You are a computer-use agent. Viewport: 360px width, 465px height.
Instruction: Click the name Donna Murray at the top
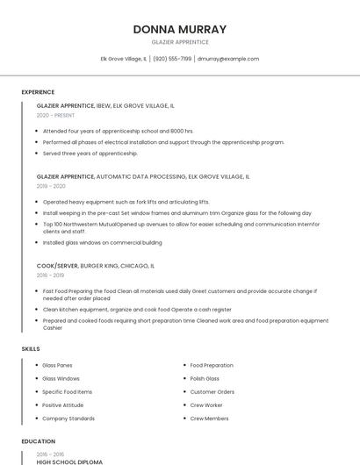click(x=180, y=29)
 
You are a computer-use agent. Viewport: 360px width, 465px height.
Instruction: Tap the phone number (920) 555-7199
click(x=172, y=59)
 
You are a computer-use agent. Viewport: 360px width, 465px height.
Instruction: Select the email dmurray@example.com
click(x=228, y=59)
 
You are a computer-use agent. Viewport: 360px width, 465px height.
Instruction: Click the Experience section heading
click(x=38, y=92)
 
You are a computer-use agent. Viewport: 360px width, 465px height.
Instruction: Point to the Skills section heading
click(x=31, y=349)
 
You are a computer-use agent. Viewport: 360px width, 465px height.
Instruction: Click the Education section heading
click(x=39, y=441)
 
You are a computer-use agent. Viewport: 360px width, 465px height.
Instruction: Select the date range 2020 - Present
click(x=55, y=115)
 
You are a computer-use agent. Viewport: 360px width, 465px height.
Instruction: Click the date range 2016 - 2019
click(x=50, y=275)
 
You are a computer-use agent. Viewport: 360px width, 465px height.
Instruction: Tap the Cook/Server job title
click(x=57, y=265)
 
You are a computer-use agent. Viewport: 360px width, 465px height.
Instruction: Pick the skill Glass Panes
click(x=57, y=365)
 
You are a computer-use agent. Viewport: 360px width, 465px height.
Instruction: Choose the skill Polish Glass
click(x=205, y=378)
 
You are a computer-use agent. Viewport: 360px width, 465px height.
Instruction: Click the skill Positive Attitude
click(x=62, y=405)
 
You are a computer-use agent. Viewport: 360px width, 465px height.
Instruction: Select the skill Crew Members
click(x=209, y=418)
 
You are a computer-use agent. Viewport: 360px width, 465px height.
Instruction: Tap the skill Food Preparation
click(x=212, y=365)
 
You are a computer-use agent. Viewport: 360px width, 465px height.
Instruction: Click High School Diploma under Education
click(x=69, y=461)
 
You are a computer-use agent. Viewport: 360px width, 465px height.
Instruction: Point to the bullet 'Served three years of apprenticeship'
click(x=90, y=154)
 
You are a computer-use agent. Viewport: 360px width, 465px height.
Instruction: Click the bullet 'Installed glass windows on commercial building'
click(x=102, y=242)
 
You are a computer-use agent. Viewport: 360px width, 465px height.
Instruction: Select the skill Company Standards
click(x=68, y=418)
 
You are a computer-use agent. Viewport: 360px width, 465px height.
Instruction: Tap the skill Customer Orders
click(x=212, y=391)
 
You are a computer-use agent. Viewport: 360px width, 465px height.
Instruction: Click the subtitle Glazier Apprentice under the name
click(x=180, y=42)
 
